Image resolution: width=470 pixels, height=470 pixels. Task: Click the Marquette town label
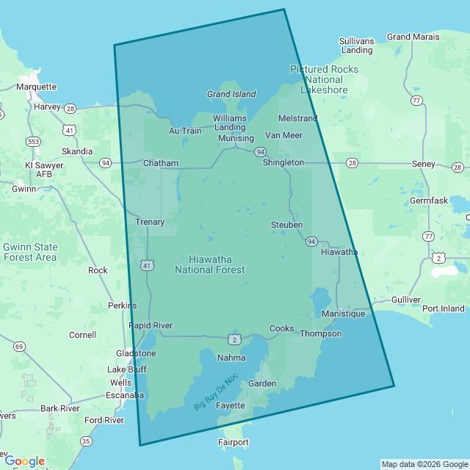(x=36, y=87)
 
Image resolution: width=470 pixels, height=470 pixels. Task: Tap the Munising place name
(x=236, y=138)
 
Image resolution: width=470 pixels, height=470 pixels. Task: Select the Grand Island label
(x=231, y=94)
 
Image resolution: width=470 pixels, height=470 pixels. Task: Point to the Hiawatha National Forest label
(x=210, y=264)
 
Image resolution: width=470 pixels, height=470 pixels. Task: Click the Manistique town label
(x=343, y=314)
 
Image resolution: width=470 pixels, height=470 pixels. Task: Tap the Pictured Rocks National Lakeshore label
(x=324, y=79)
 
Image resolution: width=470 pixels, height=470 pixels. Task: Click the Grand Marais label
(x=413, y=37)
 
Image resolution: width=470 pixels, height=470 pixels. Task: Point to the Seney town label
(x=423, y=164)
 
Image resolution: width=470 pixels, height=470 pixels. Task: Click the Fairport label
(x=234, y=442)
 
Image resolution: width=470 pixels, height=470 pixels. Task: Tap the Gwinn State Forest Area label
(x=30, y=252)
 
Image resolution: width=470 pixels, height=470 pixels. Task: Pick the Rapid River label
(x=151, y=325)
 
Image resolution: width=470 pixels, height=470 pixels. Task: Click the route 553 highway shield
(x=32, y=141)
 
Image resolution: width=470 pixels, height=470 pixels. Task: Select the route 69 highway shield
(x=19, y=346)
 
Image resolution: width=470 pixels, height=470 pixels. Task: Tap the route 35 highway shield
(x=87, y=441)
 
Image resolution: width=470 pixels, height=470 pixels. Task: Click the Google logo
(x=25, y=461)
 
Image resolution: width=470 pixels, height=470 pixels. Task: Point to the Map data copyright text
(x=424, y=464)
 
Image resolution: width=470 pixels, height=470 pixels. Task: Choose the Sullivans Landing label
(x=356, y=46)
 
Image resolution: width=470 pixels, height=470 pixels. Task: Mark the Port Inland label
(x=443, y=308)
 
